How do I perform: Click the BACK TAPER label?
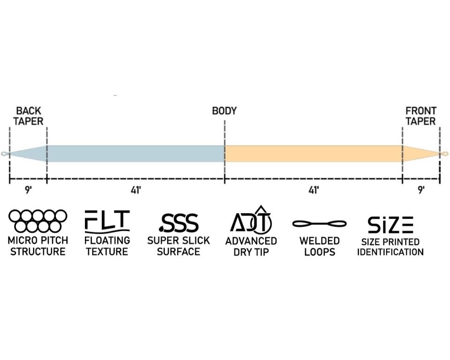tap(29, 116)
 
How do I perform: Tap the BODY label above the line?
tap(224, 111)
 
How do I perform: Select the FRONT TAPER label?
tap(421, 116)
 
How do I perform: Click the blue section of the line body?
tap(136, 154)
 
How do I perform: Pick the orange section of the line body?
tap(313, 154)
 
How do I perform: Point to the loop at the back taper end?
tap(4, 154)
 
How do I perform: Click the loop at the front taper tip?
tap(445, 154)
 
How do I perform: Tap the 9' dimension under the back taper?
tap(28, 190)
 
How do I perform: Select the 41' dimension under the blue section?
tap(136, 190)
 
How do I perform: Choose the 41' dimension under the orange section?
tap(313, 190)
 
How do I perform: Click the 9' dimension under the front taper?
tap(421, 190)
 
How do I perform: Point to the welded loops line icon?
tap(319, 223)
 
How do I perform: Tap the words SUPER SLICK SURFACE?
tap(179, 246)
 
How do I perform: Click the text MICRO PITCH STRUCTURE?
tap(38, 246)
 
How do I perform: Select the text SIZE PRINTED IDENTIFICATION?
tap(390, 247)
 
